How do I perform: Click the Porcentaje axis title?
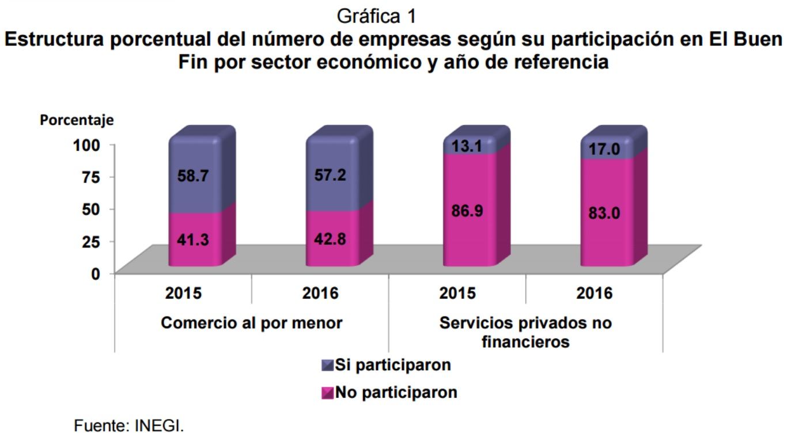point(77,120)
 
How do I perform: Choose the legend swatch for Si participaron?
point(328,365)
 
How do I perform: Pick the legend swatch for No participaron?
point(328,393)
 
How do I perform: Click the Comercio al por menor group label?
point(251,323)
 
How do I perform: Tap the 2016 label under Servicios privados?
point(594,294)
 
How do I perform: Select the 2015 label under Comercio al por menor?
point(183,294)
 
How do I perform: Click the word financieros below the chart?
point(525,342)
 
